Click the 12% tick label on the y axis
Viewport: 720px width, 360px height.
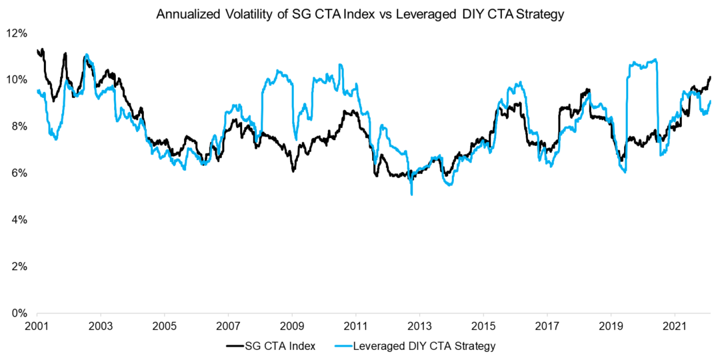17,33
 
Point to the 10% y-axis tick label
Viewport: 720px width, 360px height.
17,80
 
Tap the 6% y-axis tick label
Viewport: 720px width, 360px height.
19,173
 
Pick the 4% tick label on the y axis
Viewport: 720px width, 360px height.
19,220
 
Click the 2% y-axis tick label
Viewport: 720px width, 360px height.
19,267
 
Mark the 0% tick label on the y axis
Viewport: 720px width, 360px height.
19,313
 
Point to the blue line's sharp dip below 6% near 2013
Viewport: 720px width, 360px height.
412,193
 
